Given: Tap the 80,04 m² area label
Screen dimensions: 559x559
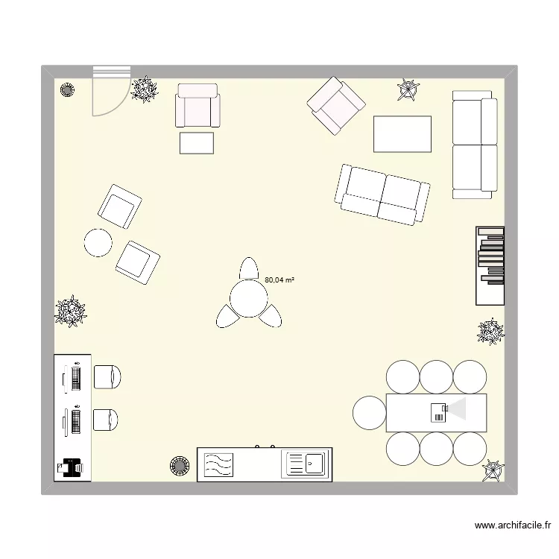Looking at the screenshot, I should click(x=279, y=280).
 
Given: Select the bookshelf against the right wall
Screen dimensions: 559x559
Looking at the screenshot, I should click(x=490, y=265).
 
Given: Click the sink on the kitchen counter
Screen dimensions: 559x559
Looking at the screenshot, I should click(x=304, y=464).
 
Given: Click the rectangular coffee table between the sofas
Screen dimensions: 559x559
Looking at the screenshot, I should click(x=402, y=134).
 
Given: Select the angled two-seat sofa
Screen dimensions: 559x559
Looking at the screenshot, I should click(x=383, y=195).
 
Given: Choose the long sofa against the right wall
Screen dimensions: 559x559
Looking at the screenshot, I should click(x=474, y=145).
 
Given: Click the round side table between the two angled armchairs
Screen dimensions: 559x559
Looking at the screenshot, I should click(x=98, y=242).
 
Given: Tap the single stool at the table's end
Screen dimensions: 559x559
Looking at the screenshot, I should click(x=370, y=412).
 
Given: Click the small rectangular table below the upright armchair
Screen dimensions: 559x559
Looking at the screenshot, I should click(x=197, y=142).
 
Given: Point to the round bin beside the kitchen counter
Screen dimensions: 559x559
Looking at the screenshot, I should click(x=180, y=466).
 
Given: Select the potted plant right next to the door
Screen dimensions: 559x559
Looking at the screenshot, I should click(x=144, y=89).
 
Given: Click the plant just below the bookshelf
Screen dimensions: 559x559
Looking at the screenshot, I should click(x=490, y=331).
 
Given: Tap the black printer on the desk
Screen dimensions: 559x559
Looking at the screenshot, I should click(x=72, y=467).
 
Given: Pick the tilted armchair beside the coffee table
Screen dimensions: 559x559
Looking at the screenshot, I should click(x=338, y=105).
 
